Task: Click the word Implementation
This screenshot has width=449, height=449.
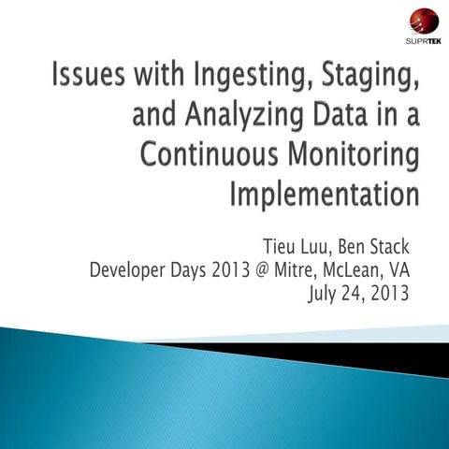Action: click(324, 196)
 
